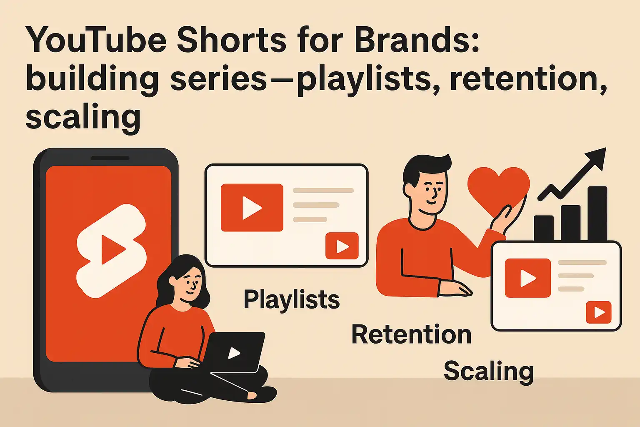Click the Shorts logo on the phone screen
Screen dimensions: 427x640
tap(112, 250)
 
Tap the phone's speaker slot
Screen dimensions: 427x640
tap(110, 158)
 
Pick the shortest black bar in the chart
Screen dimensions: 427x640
tap(543, 228)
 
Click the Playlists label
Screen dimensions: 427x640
tap(292, 300)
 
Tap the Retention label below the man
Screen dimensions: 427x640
tap(411, 334)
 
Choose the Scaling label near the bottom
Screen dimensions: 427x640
tap(489, 371)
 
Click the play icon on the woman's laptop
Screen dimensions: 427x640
tap(234, 353)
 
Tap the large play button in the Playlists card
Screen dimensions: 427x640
tap(252, 208)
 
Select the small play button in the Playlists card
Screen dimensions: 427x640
tap(342, 246)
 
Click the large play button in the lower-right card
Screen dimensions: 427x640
tap(527, 278)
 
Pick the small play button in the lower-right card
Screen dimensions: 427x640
tap(599, 312)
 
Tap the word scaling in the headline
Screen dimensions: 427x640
tap(83, 117)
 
